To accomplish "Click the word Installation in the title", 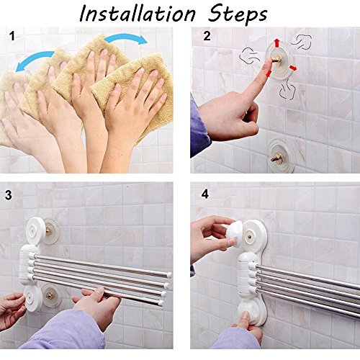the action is (138, 14).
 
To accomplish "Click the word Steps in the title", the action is (237, 15).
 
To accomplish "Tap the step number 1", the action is (12, 36).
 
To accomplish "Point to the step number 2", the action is (207, 36).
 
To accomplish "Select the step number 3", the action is (8, 195).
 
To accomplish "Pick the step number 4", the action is (205, 194).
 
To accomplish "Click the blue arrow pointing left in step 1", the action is (34, 60).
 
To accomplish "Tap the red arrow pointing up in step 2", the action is (277, 42).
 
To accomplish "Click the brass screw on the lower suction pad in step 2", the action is (276, 158).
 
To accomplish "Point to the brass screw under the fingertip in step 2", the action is (277, 59).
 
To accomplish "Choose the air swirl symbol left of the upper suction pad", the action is (249, 56).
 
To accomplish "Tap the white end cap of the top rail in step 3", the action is (169, 275).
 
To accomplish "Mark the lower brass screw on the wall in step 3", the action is (50, 296).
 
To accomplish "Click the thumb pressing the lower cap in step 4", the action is (244, 318).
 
